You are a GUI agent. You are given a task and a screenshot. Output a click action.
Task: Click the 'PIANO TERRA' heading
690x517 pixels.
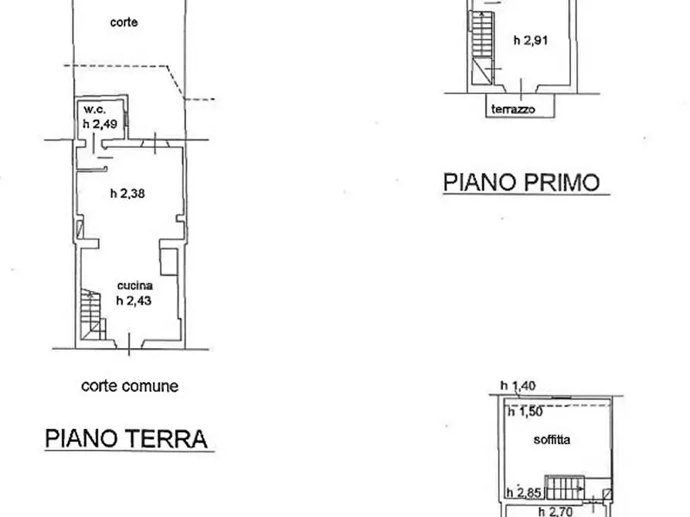tap(126, 438)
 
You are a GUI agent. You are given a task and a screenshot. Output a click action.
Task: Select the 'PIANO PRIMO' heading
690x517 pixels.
tap(522, 182)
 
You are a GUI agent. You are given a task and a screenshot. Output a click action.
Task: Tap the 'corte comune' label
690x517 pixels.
tap(130, 386)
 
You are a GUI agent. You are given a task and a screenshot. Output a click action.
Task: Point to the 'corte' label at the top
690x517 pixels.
tap(124, 22)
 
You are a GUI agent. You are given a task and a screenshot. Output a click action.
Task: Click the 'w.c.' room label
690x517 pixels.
tap(94, 110)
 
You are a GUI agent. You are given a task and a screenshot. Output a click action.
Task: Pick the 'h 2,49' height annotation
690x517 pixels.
tap(100, 124)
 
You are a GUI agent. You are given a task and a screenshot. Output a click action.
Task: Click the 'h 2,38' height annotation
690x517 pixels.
tap(127, 194)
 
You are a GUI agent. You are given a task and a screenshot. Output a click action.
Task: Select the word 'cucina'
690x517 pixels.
tap(134, 286)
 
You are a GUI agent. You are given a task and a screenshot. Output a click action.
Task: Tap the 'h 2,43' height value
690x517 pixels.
tap(134, 301)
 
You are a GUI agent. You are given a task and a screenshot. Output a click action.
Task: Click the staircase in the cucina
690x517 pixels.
tap(93, 314)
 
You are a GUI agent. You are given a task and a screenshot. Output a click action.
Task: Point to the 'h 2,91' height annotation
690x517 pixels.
tap(531, 40)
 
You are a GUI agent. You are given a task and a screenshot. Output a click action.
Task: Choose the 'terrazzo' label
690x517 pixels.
tap(513, 109)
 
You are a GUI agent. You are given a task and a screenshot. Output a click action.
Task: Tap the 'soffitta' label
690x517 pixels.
tap(552, 440)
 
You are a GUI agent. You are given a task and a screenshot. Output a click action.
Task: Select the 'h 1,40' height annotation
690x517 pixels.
tap(518, 386)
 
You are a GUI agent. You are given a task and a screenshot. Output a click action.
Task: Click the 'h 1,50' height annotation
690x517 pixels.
tap(525, 412)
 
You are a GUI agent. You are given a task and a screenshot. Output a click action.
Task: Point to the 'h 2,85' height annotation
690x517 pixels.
tap(524, 493)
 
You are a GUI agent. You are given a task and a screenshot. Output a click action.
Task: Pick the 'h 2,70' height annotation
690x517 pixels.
tap(556, 512)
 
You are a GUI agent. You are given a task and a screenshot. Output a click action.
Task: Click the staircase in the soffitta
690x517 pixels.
tap(565, 488)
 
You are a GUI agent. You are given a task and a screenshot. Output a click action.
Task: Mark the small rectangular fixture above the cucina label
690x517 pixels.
tap(169, 262)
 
